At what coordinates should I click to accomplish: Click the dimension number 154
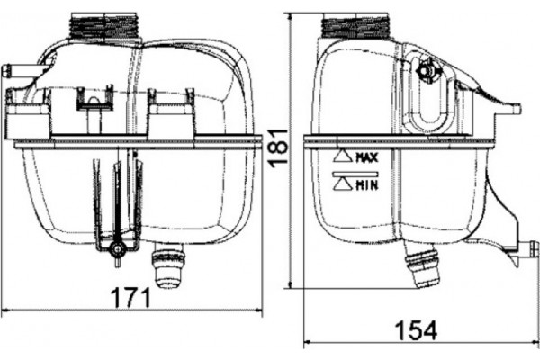coord(415,330)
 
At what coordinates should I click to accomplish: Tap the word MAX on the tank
coord(365,157)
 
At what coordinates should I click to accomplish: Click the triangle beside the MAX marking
coord(343,156)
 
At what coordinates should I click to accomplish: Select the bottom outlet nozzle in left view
coord(169,269)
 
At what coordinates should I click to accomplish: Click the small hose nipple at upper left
coord(13,70)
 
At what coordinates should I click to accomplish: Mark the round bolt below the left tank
coord(115,249)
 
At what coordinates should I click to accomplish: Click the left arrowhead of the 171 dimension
coord(5,311)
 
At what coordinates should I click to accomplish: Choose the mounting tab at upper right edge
coord(508,109)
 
